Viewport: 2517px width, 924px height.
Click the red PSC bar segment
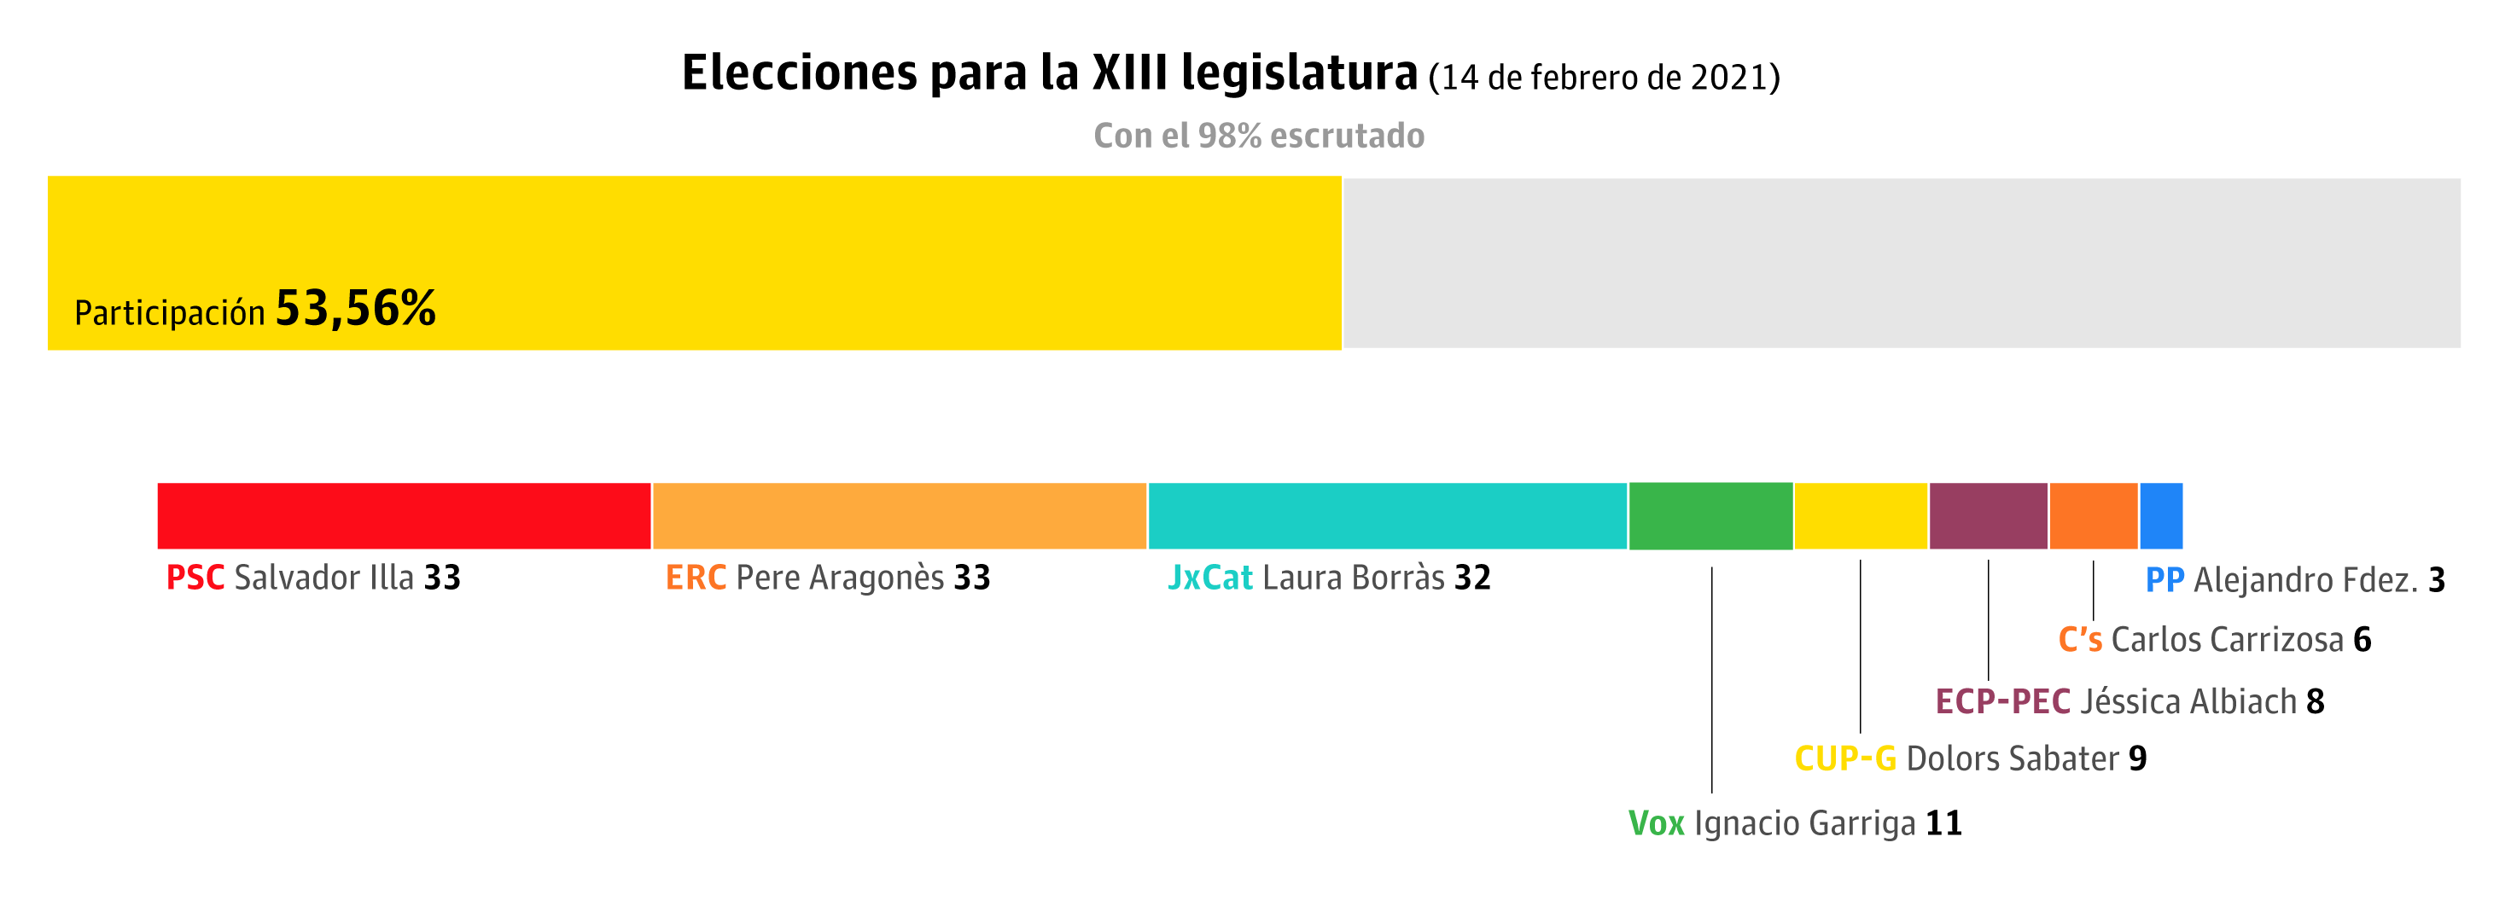(x=404, y=515)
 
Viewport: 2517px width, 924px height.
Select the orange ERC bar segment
(x=899, y=515)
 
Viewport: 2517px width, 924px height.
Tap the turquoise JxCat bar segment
(x=1388, y=515)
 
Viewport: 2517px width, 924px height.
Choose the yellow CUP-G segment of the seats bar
(x=1861, y=515)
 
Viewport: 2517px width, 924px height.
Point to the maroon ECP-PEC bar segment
(x=1989, y=515)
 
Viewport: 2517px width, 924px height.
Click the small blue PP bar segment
(x=2160, y=515)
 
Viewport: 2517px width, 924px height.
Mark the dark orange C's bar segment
(x=2093, y=515)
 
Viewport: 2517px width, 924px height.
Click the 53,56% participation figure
(x=356, y=309)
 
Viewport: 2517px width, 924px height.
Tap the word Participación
(x=170, y=313)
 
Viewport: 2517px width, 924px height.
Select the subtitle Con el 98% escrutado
(x=1258, y=136)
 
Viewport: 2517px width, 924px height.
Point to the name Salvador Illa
(x=324, y=578)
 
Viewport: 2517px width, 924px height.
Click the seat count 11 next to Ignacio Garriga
(x=1943, y=823)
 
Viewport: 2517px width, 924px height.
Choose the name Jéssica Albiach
(x=2188, y=701)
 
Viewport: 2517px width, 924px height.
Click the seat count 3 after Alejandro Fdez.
(x=2437, y=580)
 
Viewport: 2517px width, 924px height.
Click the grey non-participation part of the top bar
(x=1901, y=263)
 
